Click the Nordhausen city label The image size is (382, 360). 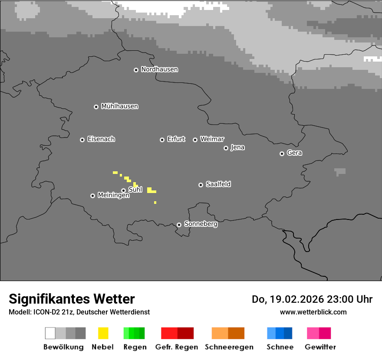(x=159, y=69)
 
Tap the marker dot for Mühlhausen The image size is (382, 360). (x=96, y=107)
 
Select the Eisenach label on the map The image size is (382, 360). (x=101, y=139)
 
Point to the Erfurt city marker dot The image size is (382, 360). (x=162, y=140)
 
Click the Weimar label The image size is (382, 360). (x=212, y=139)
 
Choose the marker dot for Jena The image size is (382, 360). (x=226, y=148)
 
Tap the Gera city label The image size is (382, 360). (x=294, y=153)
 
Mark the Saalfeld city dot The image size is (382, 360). (x=201, y=185)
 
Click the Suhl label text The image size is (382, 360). (x=135, y=190)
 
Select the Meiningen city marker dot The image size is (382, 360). (x=92, y=196)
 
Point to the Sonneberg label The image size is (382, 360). (x=201, y=224)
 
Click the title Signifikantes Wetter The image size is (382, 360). (x=72, y=299)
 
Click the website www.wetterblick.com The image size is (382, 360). (x=313, y=312)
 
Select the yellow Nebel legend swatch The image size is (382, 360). (x=103, y=333)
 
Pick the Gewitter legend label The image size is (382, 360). (x=320, y=347)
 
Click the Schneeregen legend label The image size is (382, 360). (x=229, y=347)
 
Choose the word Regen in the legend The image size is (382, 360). (x=135, y=347)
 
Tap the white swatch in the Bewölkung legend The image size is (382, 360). (x=50, y=333)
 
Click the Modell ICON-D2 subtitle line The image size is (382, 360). (x=79, y=312)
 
